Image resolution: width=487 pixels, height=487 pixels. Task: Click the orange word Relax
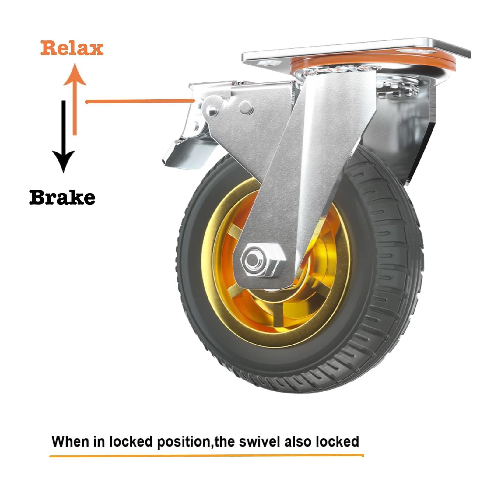(72, 48)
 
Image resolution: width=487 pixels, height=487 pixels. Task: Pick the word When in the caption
(70, 441)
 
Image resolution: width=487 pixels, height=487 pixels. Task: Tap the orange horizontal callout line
(140, 101)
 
